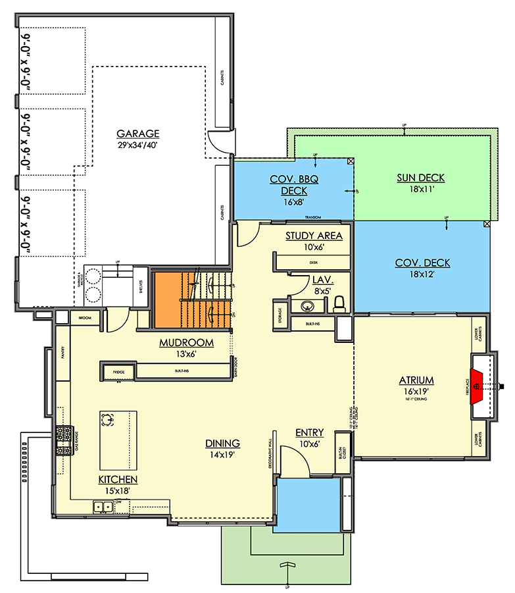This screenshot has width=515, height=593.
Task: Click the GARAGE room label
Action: pyautogui.click(x=138, y=133)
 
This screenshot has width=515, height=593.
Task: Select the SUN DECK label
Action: pyautogui.click(x=420, y=178)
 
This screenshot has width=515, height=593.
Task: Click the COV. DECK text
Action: pyautogui.click(x=422, y=263)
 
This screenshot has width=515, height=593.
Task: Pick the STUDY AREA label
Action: pyautogui.click(x=314, y=236)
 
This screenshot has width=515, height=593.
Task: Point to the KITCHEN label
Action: pyautogui.click(x=118, y=480)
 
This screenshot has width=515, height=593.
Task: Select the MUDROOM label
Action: pyautogui.click(x=187, y=343)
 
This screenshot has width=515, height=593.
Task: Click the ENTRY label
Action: pyautogui.click(x=309, y=432)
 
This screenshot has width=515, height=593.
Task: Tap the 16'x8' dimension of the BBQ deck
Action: pyautogui.click(x=294, y=202)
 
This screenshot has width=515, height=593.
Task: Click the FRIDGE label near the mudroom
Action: pyautogui.click(x=118, y=373)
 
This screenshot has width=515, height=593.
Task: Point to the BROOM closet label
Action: pyautogui.click(x=84, y=317)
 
